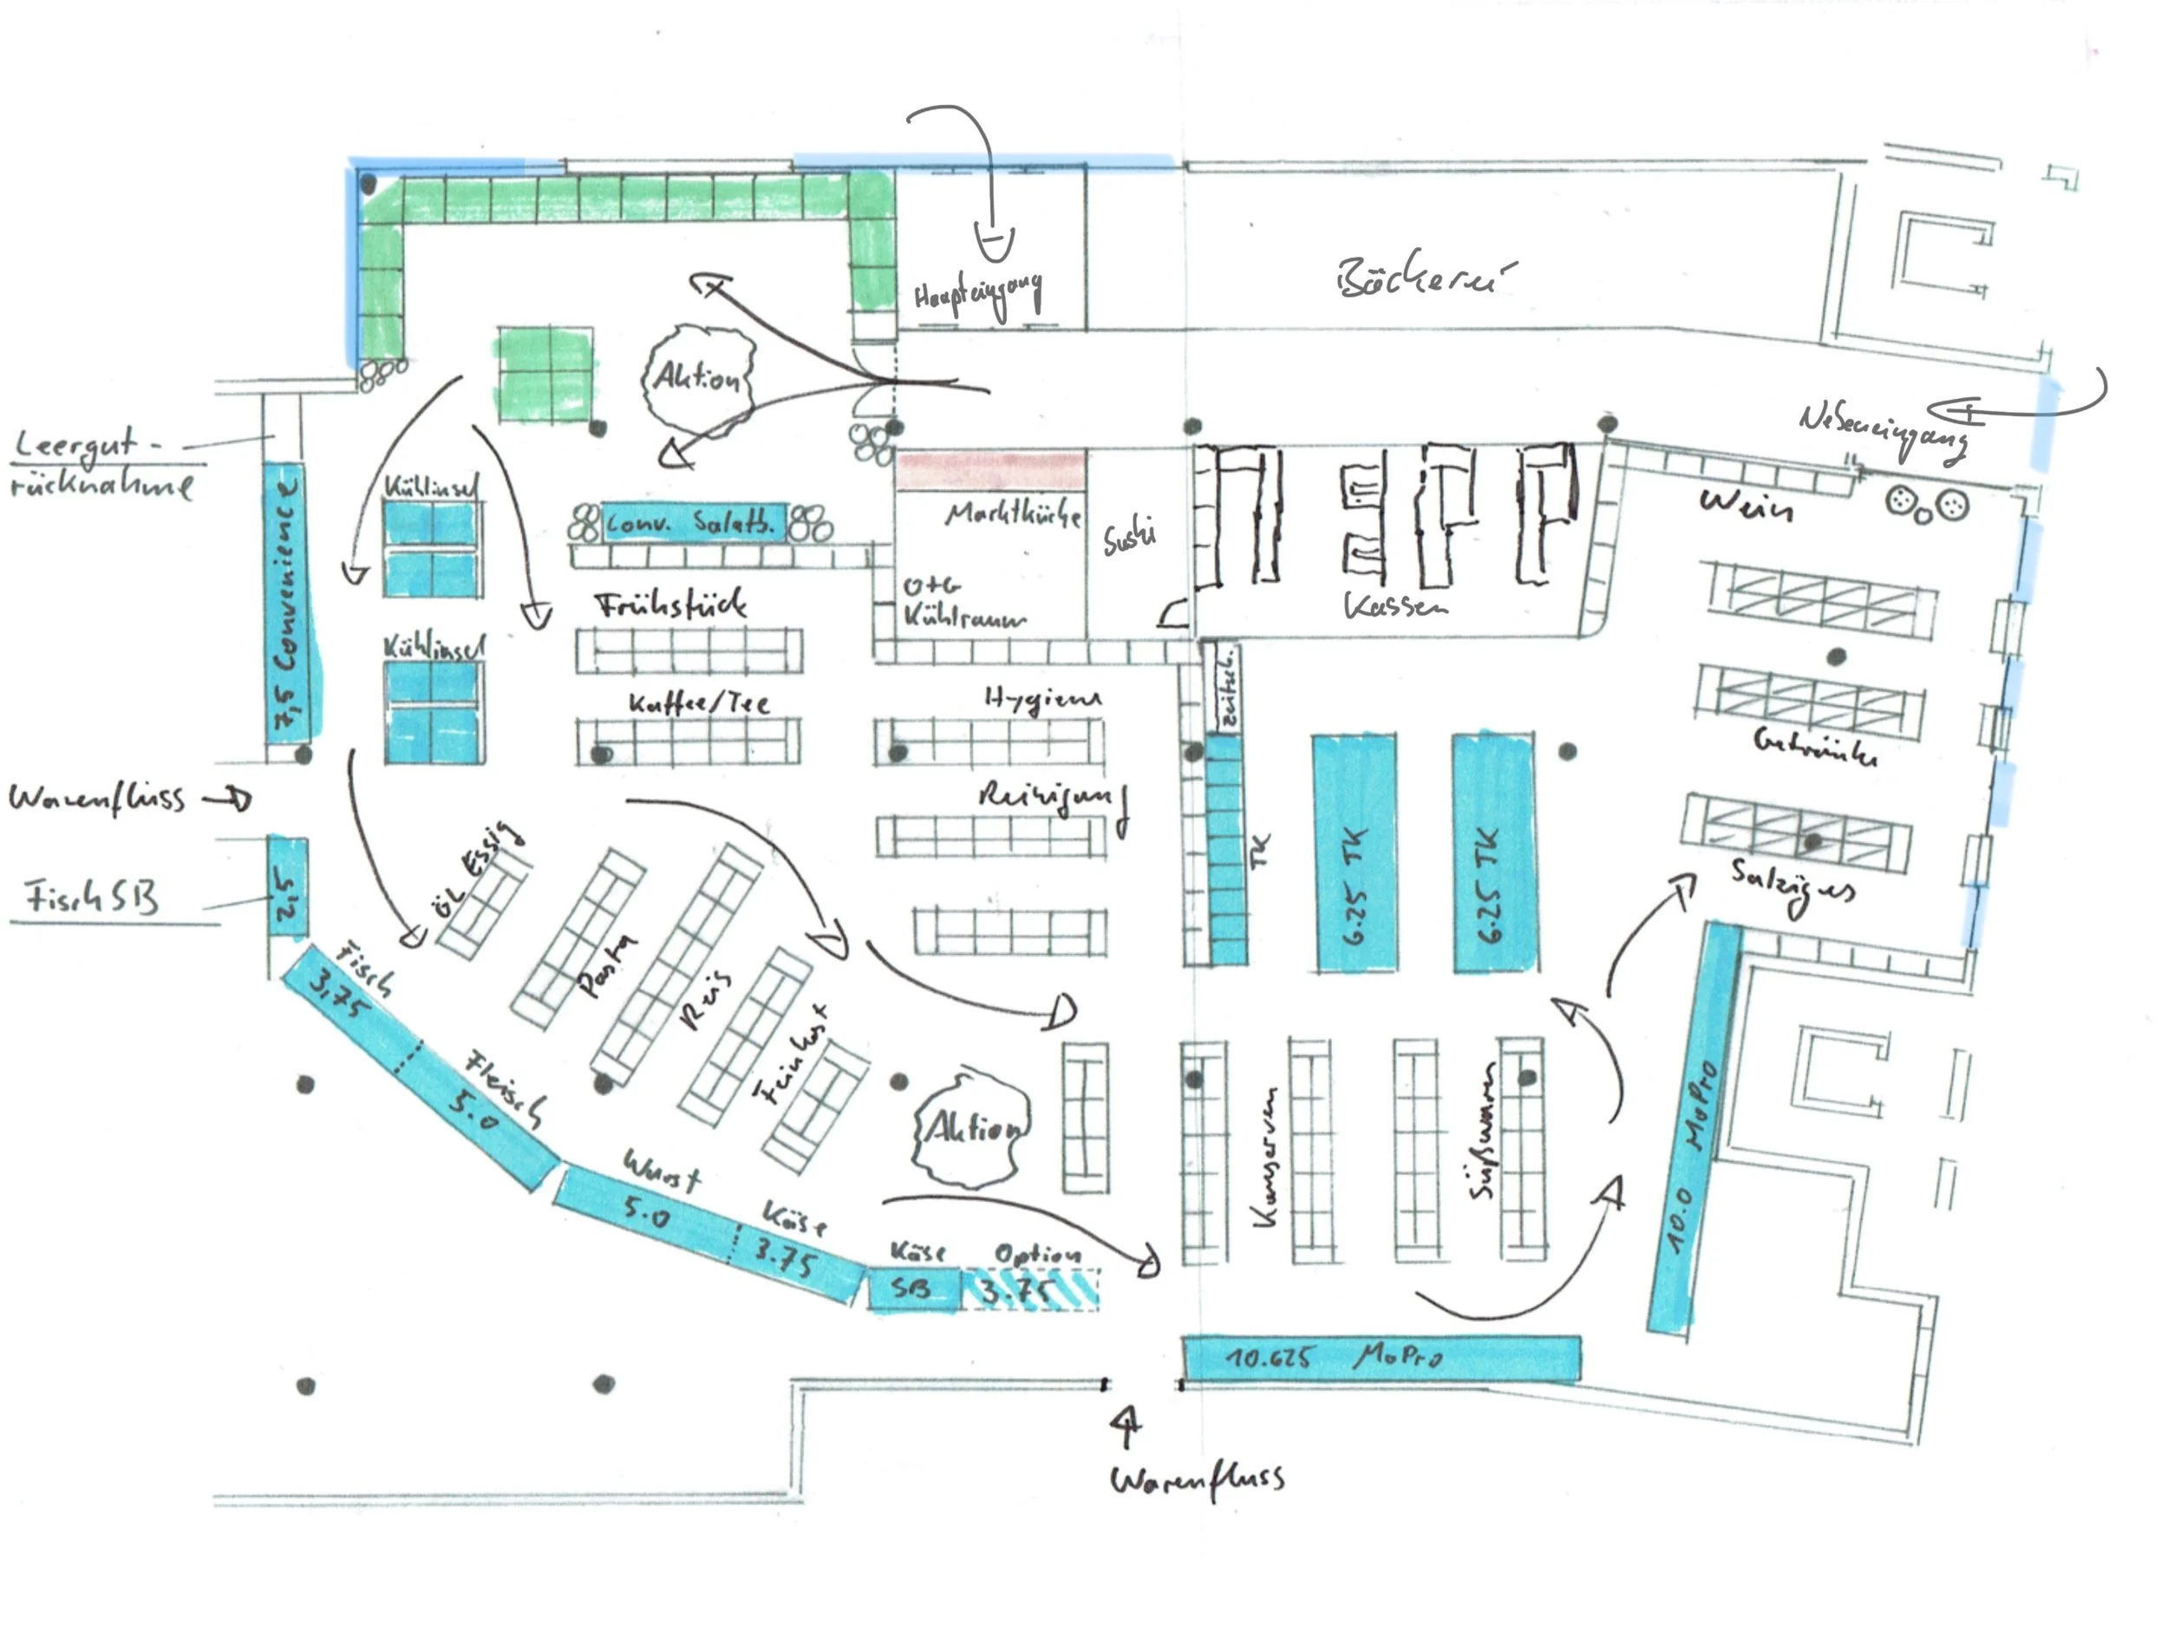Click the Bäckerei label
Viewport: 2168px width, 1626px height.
click(x=1423, y=278)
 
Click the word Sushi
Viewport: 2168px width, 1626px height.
click(x=1129, y=536)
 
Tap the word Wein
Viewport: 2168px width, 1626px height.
click(x=1747, y=505)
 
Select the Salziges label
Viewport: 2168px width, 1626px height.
click(x=1792, y=884)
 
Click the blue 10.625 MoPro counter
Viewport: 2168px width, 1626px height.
click(x=1380, y=1357)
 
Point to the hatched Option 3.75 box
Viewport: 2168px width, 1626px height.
click(x=1031, y=1289)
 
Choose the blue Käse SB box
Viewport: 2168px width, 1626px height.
click(x=913, y=1288)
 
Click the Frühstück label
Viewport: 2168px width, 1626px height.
click(x=671, y=604)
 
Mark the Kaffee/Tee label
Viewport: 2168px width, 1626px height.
click(x=699, y=702)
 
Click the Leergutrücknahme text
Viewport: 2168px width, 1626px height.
click(x=101, y=465)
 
